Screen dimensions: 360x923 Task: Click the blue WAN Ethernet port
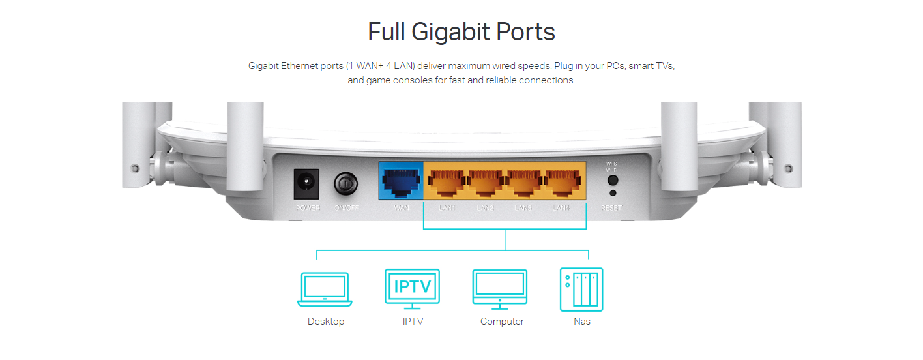point(401,181)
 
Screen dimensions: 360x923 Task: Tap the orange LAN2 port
point(485,181)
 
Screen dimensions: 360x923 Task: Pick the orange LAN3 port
point(523,181)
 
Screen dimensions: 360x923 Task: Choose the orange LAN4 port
point(562,181)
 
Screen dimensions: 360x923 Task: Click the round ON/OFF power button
point(345,183)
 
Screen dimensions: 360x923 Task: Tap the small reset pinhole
point(611,193)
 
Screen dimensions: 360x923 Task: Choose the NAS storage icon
point(581,289)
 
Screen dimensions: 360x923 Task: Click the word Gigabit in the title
point(452,32)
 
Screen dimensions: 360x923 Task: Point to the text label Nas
point(582,322)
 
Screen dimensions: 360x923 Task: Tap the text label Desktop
point(326,322)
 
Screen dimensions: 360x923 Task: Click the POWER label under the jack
point(308,208)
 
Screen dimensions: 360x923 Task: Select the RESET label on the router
point(611,208)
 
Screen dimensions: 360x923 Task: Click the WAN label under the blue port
point(402,208)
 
